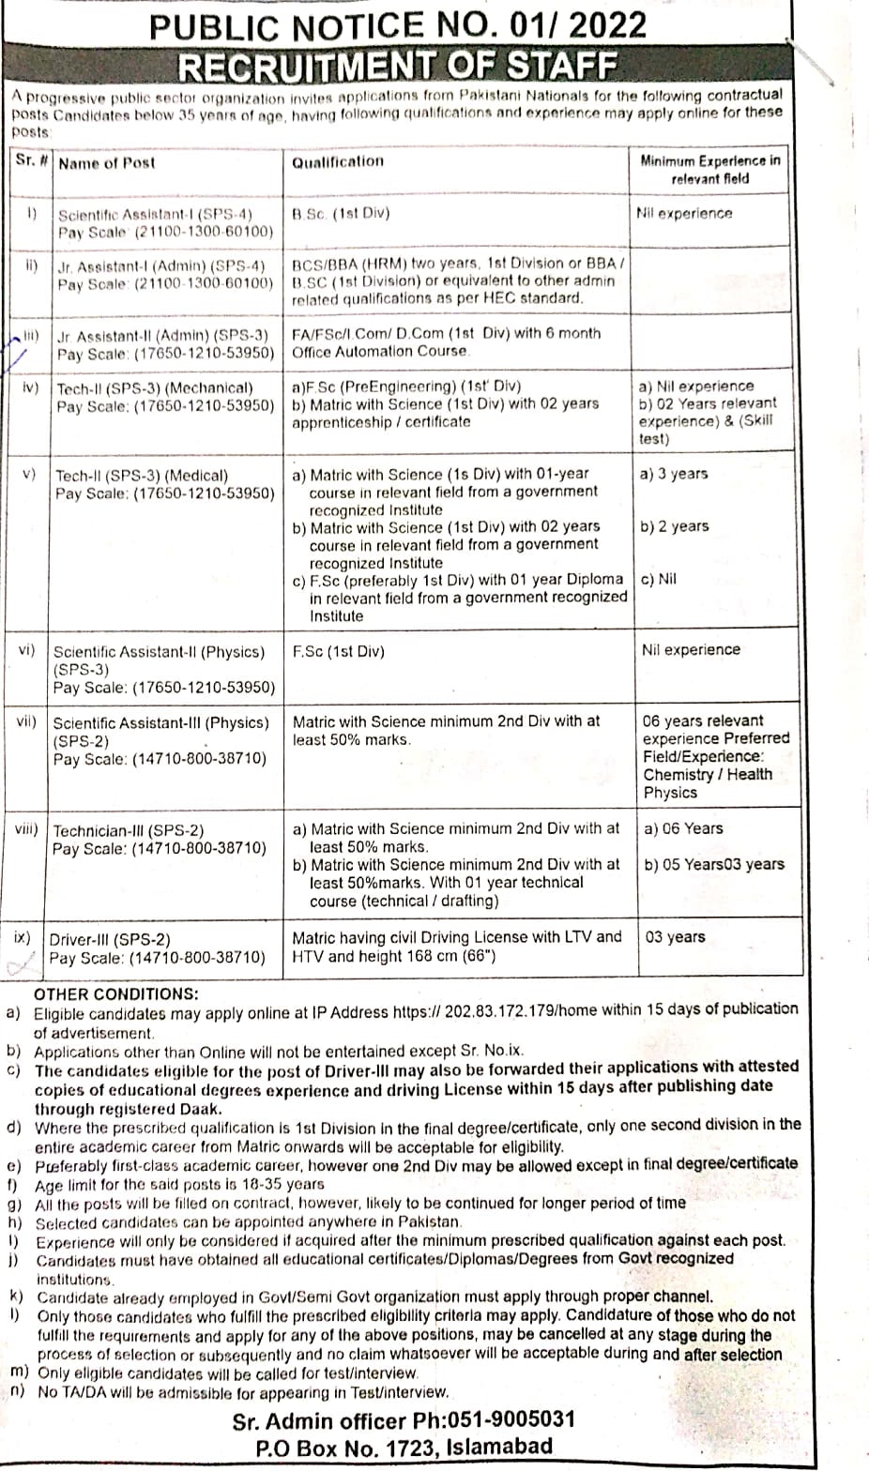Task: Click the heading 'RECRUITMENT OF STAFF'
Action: pyautogui.click(x=398, y=67)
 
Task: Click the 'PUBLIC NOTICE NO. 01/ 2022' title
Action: pyautogui.click(x=398, y=24)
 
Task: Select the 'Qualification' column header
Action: pyautogui.click(x=338, y=161)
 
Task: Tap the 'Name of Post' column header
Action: pyautogui.click(x=106, y=163)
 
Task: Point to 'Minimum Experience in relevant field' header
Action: pyautogui.click(x=709, y=169)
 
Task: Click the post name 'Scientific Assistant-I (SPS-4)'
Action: pyautogui.click(x=155, y=214)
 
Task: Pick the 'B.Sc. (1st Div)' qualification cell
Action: pyautogui.click(x=341, y=213)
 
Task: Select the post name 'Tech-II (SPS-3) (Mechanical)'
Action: pyautogui.click(x=155, y=387)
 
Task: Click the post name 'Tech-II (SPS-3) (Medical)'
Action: pyautogui.click(x=142, y=476)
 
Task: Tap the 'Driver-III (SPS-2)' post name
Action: pyautogui.click(x=110, y=939)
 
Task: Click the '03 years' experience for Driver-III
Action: pyautogui.click(x=675, y=937)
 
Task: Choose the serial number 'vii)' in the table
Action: pyautogui.click(x=26, y=721)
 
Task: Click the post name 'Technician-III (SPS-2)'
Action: pyautogui.click(x=129, y=830)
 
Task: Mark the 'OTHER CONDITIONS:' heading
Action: pyautogui.click(x=116, y=993)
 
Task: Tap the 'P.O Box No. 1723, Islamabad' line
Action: pyautogui.click(x=404, y=1447)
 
